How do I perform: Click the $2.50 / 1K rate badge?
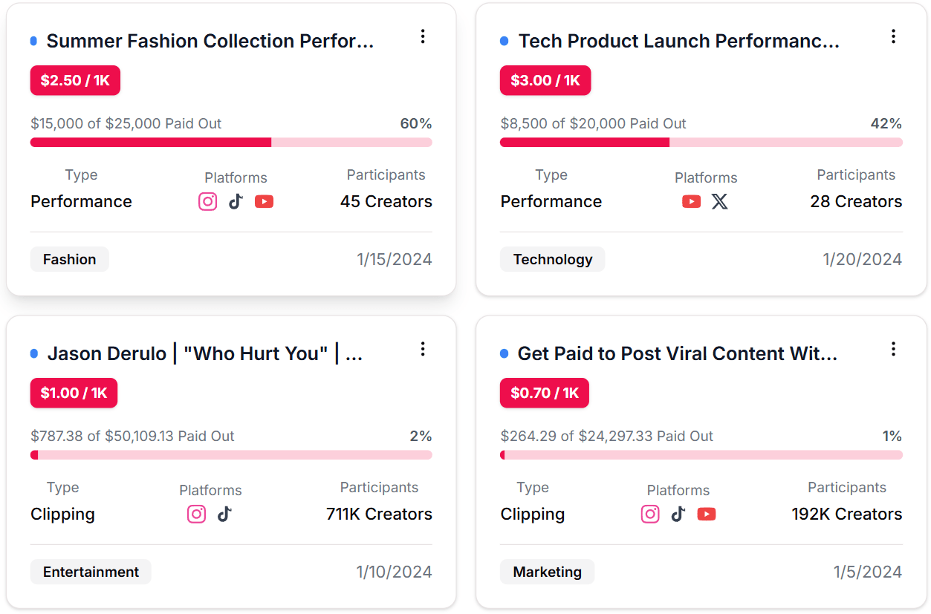(x=75, y=80)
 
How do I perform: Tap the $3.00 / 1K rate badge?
(x=545, y=80)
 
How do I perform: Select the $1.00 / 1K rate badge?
(x=74, y=393)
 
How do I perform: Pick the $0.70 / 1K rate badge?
(x=545, y=393)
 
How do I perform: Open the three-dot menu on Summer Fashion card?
(x=423, y=36)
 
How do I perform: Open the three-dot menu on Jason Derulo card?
(x=423, y=349)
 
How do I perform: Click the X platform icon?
(x=720, y=201)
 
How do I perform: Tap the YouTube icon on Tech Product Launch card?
(x=691, y=201)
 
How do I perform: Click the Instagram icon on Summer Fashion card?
(x=208, y=201)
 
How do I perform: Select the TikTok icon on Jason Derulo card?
(x=224, y=514)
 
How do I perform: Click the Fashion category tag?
(x=69, y=259)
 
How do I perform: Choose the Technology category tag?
(x=553, y=259)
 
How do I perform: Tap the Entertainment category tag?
(x=91, y=572)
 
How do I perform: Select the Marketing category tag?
(x=547, y=572)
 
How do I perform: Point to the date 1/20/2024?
(x=862, y=259)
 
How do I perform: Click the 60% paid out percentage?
(x=416, y=123)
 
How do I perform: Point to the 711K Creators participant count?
(x=379, y=514)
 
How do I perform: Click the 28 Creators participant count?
(x=856, y=201)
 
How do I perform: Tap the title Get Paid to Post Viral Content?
(x=677, y=353)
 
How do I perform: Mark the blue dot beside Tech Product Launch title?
(x=505, y=41)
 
